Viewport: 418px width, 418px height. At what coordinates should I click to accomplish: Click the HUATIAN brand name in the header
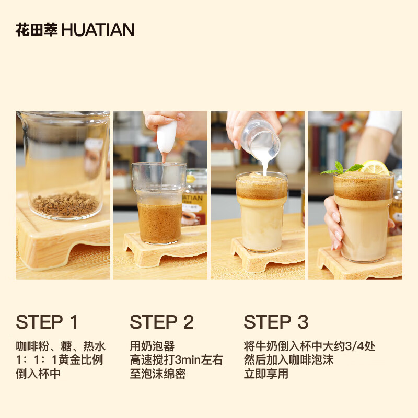coord(98,30)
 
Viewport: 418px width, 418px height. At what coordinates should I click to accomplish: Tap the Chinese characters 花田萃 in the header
coord(37,30)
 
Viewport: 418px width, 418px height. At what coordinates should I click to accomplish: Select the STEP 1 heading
coord(47,322)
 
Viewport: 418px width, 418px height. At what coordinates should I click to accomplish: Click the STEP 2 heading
coord(162,322)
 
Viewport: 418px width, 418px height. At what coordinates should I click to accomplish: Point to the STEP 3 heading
coord(276,322)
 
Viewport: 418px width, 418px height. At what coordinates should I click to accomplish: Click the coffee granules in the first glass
coord(66,204)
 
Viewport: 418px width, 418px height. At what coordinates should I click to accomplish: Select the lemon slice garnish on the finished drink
coord(375,167)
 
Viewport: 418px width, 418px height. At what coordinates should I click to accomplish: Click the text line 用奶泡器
coord(152,346)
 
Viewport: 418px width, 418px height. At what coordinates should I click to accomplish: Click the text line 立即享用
coord(266,374)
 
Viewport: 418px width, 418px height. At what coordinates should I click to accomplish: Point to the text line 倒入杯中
coord(38,374)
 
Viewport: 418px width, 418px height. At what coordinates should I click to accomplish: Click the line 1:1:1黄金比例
coord(60,359)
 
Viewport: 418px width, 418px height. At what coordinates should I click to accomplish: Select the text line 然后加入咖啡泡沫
coord(289,359)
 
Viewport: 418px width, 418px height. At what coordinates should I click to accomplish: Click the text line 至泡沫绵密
coord(158,374)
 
